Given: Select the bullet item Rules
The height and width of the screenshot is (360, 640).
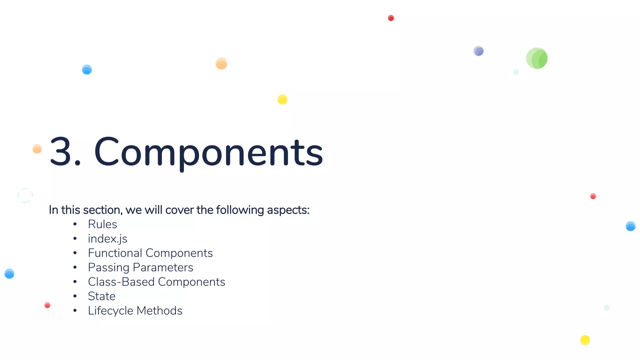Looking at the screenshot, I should coord(102,224).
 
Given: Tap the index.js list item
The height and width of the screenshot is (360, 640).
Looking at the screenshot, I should coord(107,239).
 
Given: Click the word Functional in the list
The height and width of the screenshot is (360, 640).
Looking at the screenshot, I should coord(115,253).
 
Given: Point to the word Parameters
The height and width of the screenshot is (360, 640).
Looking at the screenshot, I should coord(163,267).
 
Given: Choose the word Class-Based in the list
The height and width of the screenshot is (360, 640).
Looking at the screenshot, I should coord(121,282).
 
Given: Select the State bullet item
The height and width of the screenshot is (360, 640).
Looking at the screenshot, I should coord(102,296).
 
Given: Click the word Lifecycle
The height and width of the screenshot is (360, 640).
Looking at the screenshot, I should coord(111,311).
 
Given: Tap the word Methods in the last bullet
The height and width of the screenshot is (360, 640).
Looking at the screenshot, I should coord(159,311).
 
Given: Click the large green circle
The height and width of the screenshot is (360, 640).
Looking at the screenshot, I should coord(537,58).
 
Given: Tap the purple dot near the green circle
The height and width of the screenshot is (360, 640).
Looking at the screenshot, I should coord(478,51).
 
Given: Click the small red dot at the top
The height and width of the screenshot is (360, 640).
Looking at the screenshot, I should coord(391,18).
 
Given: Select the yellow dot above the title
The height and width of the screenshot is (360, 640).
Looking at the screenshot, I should coord(282,99).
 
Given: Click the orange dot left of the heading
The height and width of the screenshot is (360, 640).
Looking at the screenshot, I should coord(37,149).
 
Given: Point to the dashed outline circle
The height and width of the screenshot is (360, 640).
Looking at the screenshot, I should coord(25,196).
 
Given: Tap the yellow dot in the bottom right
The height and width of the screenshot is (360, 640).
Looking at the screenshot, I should coord(585,340).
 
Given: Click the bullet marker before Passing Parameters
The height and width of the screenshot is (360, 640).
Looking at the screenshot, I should coord(75,267).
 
